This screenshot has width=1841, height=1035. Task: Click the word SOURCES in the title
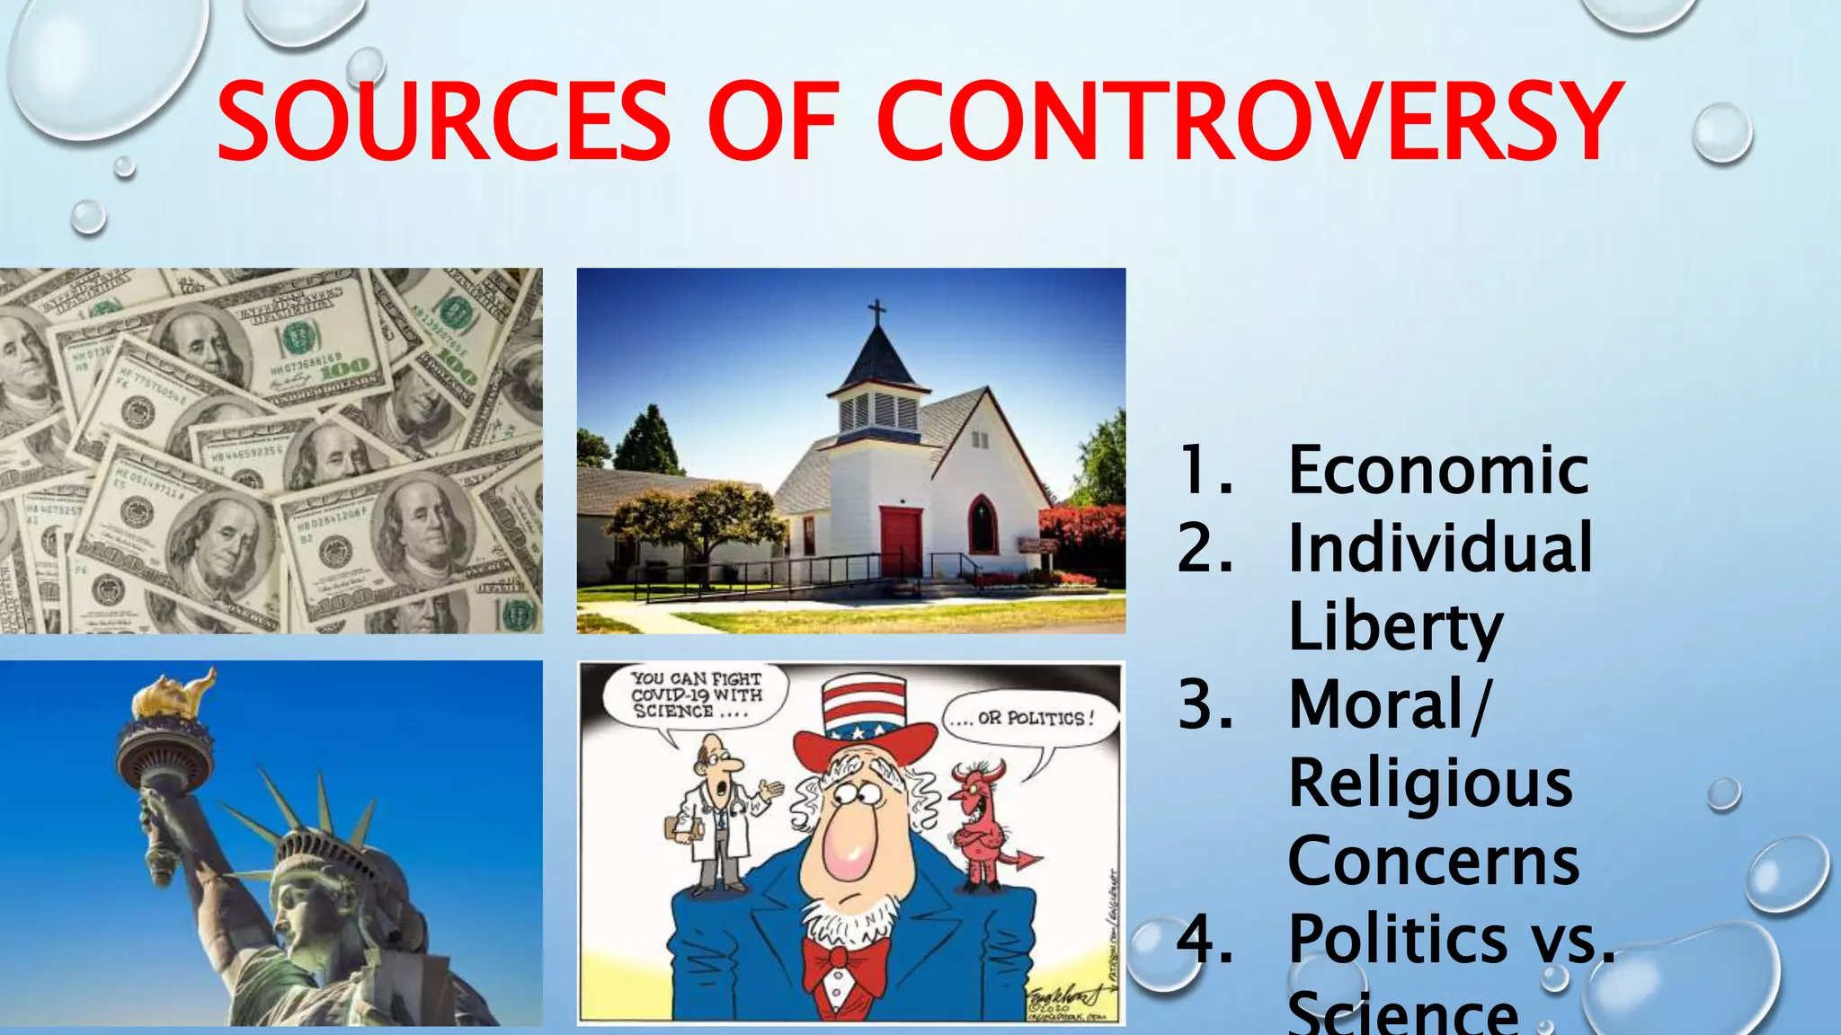click(443, 121)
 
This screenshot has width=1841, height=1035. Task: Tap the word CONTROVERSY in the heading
click(1250, 121)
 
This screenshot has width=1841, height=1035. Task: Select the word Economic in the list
click(1438, 470)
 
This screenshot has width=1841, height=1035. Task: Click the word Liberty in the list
click(1395, 627)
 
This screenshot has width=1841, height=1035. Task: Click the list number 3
click(1205, 705)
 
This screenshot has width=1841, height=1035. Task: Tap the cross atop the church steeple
click(876, 314)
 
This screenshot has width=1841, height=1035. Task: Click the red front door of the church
click(901, 541)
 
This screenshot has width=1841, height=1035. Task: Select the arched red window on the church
click(983, 525)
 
